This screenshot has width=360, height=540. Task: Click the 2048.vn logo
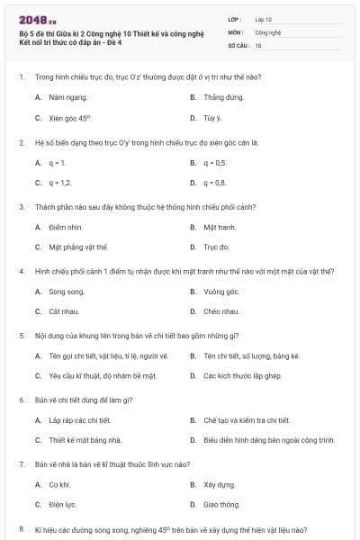(31, 20)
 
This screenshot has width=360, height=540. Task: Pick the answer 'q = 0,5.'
(215, 162)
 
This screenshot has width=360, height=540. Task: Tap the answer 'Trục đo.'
(217, 247)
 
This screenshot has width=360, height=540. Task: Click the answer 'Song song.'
(67, 292)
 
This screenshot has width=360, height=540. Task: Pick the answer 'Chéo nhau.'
(221, 311)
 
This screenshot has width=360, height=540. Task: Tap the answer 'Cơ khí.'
(61, 485)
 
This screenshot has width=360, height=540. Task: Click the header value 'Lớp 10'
(264, 18)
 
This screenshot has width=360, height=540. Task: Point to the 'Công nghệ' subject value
(268, 31)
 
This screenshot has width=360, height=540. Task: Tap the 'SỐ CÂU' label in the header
(238, 44)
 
